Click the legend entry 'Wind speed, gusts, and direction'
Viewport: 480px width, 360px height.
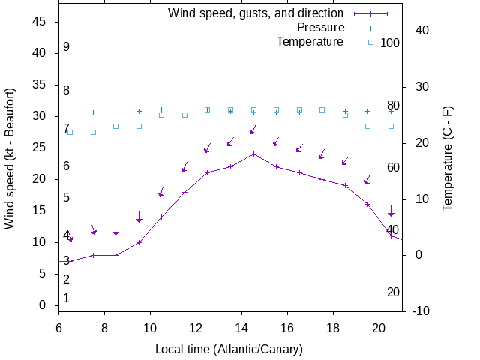(255, 13)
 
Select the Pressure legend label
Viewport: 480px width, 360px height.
(319, 27)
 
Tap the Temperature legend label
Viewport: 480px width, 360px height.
(310, 41)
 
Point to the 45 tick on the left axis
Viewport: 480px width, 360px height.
(40, 22)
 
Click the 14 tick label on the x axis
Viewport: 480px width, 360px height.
(241, 327)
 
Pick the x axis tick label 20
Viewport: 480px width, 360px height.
(379, 327)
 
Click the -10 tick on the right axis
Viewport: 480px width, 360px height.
(421, 310)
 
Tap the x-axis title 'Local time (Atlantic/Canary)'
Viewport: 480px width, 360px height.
(229, 349)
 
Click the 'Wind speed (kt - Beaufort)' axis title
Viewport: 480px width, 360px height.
(10, 157)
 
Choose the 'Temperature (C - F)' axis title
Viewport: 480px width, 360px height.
(448, 157)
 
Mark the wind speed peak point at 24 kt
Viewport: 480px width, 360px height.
(253, 154)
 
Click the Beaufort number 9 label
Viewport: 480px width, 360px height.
(67, 46)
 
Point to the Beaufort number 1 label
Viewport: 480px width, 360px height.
(67, 298)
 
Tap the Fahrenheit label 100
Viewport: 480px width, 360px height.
(390, 43)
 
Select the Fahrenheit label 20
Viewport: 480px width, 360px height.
(393, 292)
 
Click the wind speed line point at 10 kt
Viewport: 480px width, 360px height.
(139, 242)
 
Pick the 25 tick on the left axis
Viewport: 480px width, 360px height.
(40, 148)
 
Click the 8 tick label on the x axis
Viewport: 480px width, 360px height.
(104, 327)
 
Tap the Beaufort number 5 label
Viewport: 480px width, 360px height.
(67, 197)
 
